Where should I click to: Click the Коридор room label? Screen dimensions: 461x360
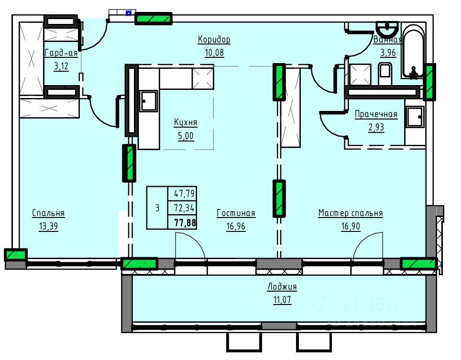pyautogui.click(x=214, y=39)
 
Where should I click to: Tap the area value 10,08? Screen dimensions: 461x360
pyautogui.click(x=214, y=53)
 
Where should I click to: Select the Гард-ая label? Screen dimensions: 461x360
pyautogui.click(x=61, y=53)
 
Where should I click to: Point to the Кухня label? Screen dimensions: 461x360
pyautogui.click(x=186, y=122)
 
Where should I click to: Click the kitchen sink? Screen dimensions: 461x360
pyautogui.click(x=148, y=101)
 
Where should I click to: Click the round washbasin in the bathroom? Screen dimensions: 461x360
pyautogui.click(x=387, y=28)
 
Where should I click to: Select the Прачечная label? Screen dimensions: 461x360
pyautogui.click(x=376, y=114)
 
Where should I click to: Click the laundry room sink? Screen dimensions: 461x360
pyautogui.click(x=415, y=117)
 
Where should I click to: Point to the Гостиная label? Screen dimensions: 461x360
pyautogui.click(x=236, y=213)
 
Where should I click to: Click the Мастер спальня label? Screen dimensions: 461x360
pyautogui.click(x=351, y=213)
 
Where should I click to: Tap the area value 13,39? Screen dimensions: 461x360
pyautogui.click(x=48, y=226)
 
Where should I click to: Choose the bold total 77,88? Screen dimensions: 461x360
pyautogui.click(x=185, y=222)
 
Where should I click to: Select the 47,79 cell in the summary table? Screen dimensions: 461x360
pyautogui.click(x=184, y=194)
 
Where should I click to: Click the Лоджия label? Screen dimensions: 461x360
pyautogui.click(x=282, y=286)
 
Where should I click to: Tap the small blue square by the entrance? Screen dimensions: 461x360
pyautogui.click(x=129, y=13)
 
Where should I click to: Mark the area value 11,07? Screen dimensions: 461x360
pyautogui.click(x=282, y=300)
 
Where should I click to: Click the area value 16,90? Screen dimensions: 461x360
pyautogui.click(x=351, y=226)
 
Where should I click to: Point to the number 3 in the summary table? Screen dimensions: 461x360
pyautogui.click(x=157, y=208)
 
